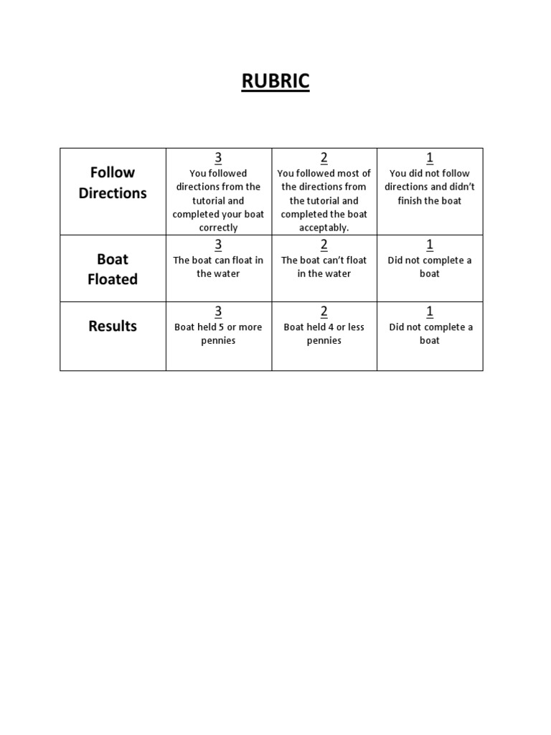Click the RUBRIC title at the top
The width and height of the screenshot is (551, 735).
tap(275, 82)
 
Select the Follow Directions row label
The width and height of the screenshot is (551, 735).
tap(113, 182)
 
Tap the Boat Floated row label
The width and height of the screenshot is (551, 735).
tap(113, 269)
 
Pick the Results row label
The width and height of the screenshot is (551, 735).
tap(113, 326)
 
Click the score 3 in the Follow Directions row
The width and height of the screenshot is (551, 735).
tap(218, 158)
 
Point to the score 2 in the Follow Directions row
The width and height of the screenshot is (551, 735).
tap(324, 158)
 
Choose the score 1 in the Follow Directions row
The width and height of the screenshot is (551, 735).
tap(430, 158)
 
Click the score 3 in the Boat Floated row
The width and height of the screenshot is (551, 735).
tap(218, 245)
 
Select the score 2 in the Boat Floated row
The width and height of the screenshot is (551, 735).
tap(324, 245)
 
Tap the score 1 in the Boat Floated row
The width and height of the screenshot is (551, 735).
tap(430, 245)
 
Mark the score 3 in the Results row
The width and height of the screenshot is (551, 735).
tap(218, 312)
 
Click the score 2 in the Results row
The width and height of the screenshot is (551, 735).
tap(324, 312)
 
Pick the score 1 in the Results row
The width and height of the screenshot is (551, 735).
tap(430, 312)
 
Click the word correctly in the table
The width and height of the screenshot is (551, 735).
tap(218, 228)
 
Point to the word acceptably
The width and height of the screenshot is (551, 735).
tap(324, 228)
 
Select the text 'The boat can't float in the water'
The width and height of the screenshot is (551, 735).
tap(324, 267)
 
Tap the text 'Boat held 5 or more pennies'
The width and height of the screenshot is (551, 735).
tap(218, 334)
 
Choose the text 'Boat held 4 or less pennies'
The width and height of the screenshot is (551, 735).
tap(324, 334)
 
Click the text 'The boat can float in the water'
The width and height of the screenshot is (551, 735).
tap(218, 267)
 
